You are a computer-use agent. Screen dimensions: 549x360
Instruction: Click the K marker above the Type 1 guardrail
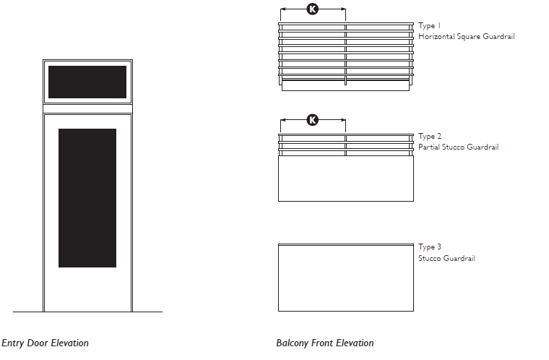[313, 9]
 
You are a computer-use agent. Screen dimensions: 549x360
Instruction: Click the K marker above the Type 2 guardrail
[313, 120]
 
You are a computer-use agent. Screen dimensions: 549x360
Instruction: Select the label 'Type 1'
[429, 25]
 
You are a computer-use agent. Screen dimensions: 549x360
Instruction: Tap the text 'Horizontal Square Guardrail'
[467, 36]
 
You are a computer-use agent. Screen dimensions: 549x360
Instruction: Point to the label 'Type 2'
[430, 136]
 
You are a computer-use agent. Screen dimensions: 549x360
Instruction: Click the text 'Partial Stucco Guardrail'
[458, 147]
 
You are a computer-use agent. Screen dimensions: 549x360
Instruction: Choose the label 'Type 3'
[430, 247]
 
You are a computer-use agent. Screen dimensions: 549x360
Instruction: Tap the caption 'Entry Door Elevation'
[45, 343]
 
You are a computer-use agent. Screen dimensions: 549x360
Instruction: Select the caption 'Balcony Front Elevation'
[324, 343]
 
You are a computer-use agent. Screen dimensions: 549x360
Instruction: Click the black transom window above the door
[87, 82]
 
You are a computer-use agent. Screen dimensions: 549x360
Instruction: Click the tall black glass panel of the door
[87, 198]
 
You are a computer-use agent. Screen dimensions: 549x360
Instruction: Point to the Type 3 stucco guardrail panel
[346, 278]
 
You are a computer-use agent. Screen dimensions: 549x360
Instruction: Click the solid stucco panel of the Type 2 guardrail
[346, 178]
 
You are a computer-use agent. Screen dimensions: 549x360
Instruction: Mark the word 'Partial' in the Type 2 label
[429, 147]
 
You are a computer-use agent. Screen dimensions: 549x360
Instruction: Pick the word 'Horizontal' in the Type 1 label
[436, 36]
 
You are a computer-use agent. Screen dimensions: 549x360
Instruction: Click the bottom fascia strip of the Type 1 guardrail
[346, 85]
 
